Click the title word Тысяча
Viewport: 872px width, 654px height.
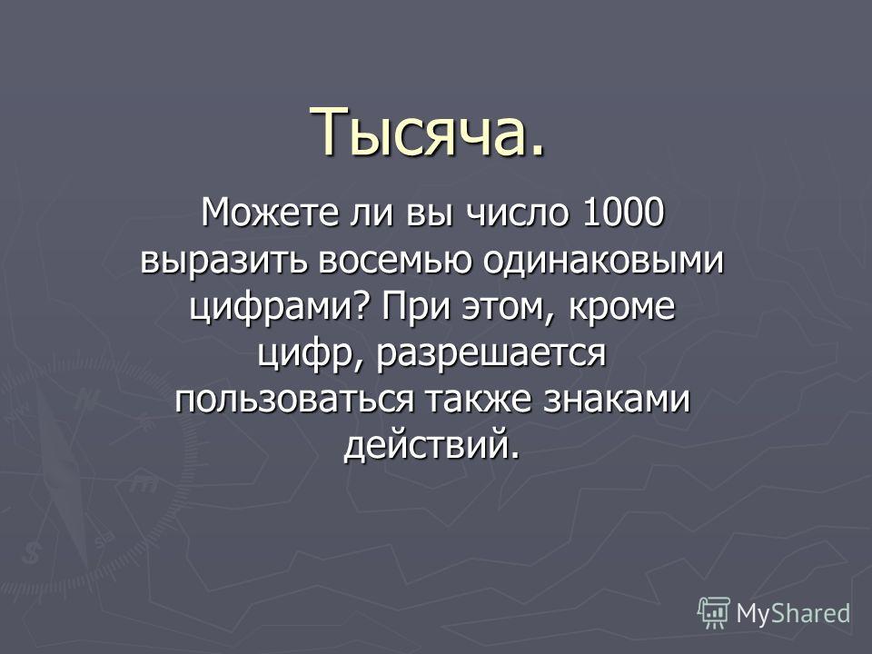428,132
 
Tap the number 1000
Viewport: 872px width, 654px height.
624,213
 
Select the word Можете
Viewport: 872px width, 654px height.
270,213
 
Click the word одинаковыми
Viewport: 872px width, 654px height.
603,261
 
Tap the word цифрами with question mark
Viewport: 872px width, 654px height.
280,307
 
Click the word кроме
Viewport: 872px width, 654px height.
621,307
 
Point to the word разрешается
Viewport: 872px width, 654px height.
491,353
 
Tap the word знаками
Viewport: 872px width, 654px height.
616,400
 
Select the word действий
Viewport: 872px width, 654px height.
431,445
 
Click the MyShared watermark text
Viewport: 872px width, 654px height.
793,614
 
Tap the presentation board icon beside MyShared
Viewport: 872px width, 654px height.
714,613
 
